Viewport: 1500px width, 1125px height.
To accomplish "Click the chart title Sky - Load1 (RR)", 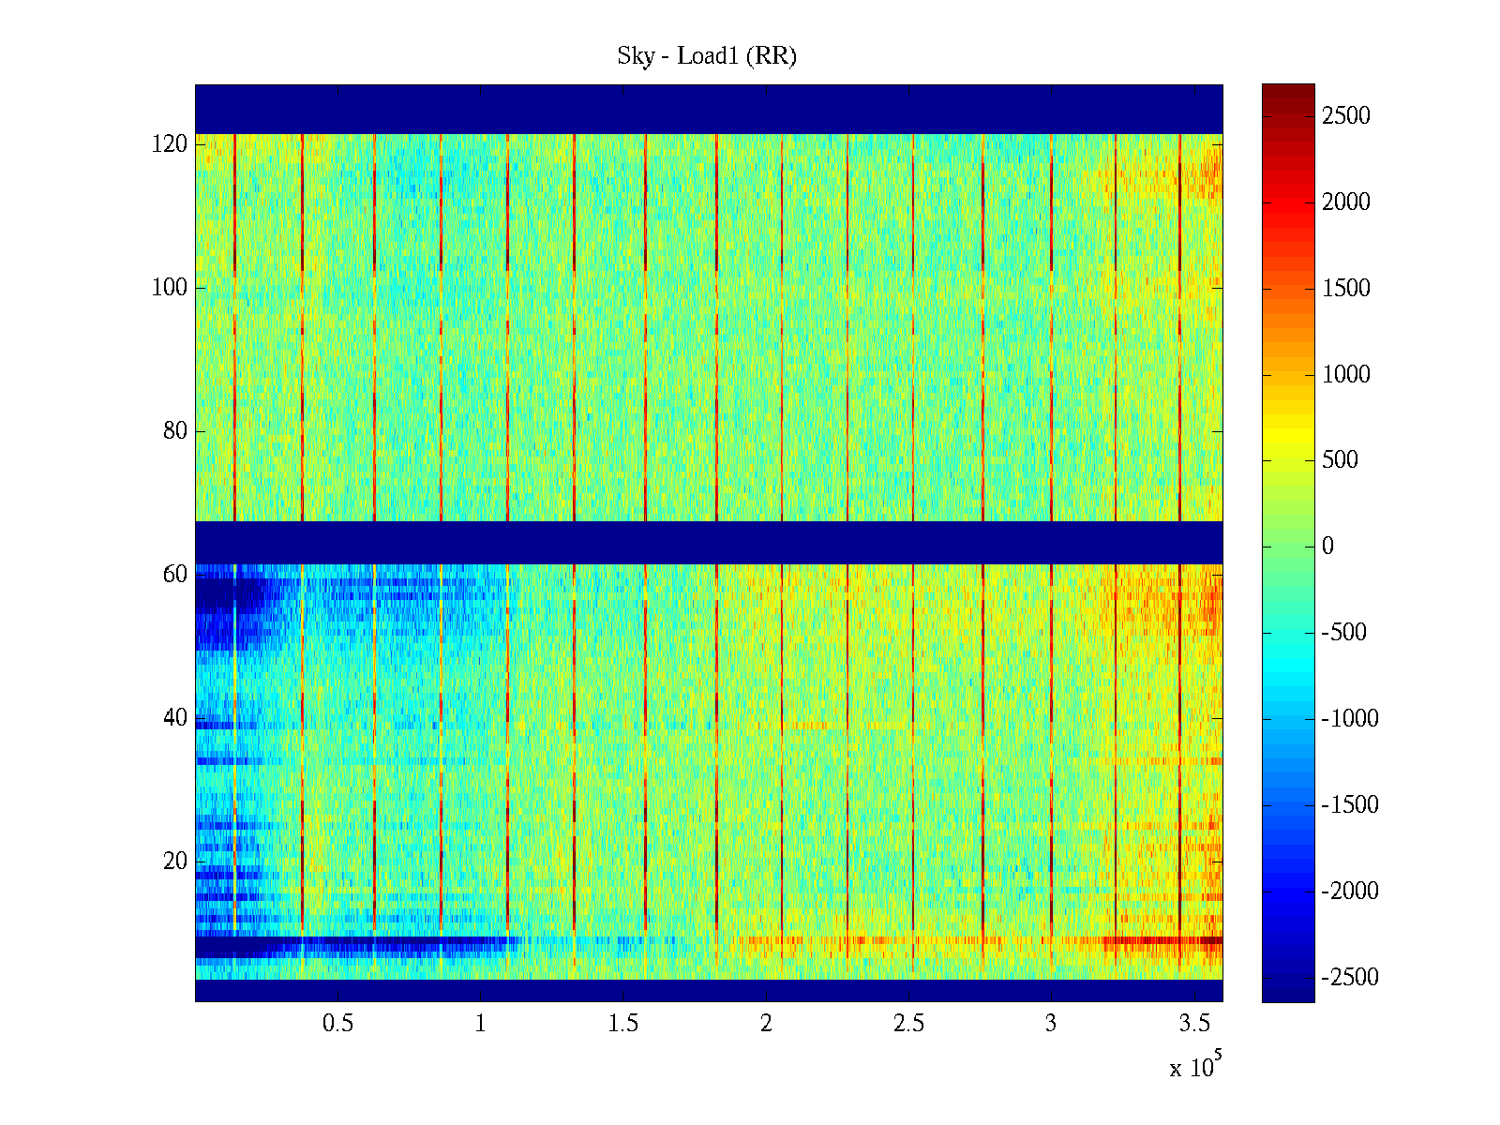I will pos(707,56).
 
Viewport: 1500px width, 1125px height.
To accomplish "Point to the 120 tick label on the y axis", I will pos(170,144).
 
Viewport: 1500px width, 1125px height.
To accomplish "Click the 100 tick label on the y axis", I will pos(170,288).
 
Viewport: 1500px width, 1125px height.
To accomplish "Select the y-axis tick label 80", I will pos(175,431).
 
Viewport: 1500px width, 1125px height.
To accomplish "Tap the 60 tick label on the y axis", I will pos(175,575).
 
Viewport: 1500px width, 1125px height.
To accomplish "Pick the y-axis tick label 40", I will pos(175,718).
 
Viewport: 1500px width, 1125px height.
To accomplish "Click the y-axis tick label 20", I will pos(175,862).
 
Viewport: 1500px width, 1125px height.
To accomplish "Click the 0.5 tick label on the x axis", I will pos(337,1024).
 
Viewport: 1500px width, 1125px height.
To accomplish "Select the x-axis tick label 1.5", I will pos(623,1024).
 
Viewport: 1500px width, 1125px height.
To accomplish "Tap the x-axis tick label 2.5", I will pos(908,1024).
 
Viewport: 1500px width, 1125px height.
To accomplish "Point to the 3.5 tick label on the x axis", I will pos(1194,1024).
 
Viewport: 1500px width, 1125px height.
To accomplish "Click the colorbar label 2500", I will pos(1345,116).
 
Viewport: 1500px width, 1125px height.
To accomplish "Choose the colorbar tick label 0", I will pos(1327,547).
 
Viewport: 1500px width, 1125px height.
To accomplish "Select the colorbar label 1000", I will pos(1345,375).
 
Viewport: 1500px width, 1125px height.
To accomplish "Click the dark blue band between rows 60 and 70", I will pos(709,542).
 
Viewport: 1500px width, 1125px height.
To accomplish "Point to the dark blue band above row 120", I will pos(709,109).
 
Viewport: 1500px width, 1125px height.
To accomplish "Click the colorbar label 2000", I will pos(1345,202).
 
